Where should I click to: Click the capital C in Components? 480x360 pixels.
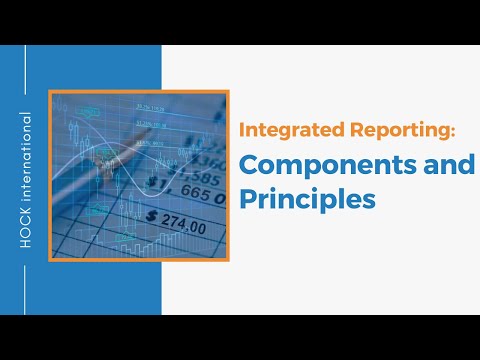coord(248,164)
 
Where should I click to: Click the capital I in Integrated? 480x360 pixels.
coord(240,132)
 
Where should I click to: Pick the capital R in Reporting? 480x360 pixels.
coord(340,132)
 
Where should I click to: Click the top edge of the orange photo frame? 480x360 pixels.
coord(140,92)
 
